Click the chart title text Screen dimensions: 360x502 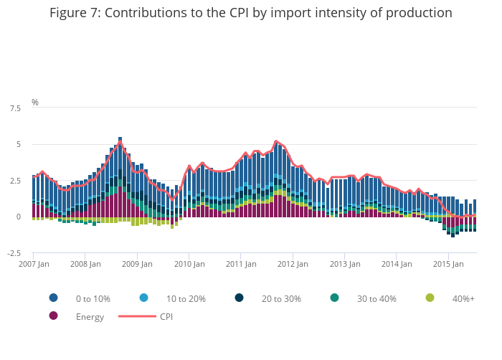251,13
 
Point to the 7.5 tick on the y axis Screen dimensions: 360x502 14,108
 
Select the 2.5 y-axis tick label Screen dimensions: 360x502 14,181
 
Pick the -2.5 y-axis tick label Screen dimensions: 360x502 13,253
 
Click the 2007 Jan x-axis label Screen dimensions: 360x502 33,264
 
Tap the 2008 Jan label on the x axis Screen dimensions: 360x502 85,264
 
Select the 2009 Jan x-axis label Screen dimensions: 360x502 137,264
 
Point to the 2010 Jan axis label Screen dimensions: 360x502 189,264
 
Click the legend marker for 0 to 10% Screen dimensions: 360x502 53,298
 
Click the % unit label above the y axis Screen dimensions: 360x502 35,103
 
